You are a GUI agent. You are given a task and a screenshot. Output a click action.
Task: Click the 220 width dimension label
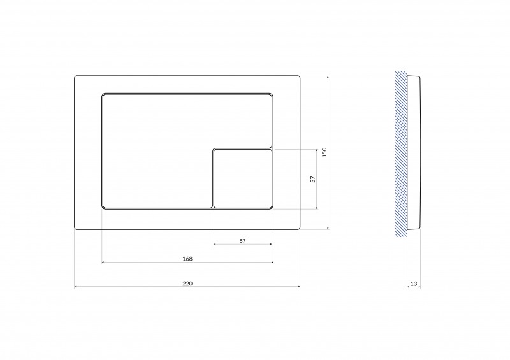point(187,284)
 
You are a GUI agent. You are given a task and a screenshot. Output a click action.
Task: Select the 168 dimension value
point(187,259)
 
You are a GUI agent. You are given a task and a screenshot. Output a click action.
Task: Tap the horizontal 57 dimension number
point(243,241)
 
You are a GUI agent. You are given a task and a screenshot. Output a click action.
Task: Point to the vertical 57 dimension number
point(313,179)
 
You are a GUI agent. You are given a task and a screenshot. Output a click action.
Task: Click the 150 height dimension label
point(324,152)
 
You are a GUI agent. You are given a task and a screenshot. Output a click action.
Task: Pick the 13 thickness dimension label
point(413,284)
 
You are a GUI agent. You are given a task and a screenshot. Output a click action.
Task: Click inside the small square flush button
point(243,178)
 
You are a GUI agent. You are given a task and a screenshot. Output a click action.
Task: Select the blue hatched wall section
point(401,154)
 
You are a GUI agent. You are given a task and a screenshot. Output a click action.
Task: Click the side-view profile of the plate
point(414,153)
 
